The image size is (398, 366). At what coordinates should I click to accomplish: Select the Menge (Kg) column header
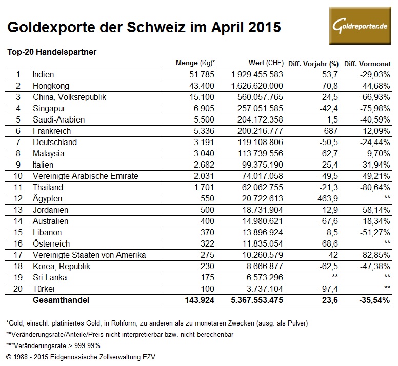(195, 64)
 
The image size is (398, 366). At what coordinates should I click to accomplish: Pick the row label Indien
(43, 75)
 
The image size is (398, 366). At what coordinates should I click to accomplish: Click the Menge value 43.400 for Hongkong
(199, 85)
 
